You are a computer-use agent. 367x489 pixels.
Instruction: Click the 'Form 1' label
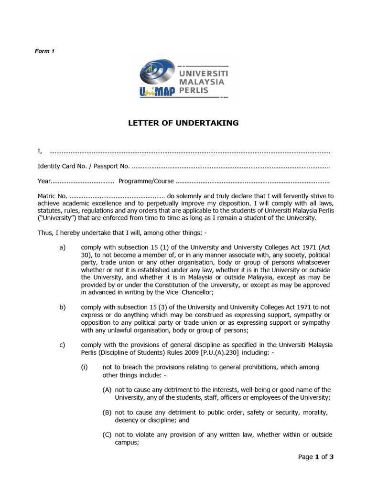coord(45,51)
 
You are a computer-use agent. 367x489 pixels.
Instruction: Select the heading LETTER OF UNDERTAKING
coord(183,123)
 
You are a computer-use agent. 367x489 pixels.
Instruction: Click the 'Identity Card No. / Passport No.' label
coord(84,166)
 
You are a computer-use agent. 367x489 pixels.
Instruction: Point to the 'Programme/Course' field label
coord(146,181)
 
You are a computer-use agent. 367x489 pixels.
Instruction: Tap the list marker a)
coord(63,247)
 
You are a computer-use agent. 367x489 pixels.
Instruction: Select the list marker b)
coord(63,307)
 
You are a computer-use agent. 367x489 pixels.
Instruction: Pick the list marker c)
coord(63,345)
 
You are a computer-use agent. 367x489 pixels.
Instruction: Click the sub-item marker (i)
coord(84,367)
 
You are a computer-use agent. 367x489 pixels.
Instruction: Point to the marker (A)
coord(107,390)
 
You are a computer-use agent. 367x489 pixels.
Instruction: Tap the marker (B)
coord(107,413)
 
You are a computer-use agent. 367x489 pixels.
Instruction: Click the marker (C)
coord(107,435)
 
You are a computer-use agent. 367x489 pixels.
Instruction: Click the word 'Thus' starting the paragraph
coord(45,233)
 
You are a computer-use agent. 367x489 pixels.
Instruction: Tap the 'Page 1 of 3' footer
coord(315,457)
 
